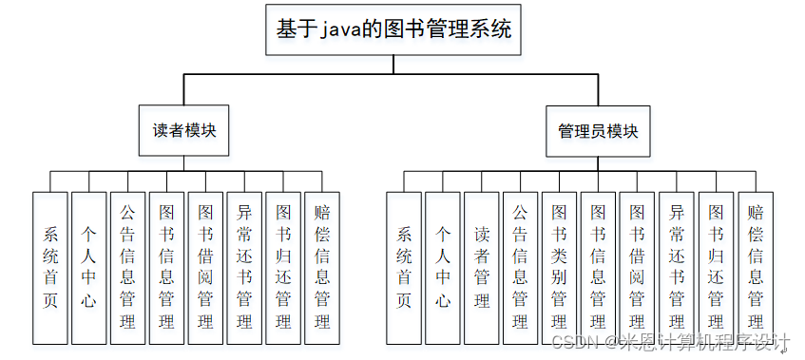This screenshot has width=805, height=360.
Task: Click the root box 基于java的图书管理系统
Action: tap(393, 29)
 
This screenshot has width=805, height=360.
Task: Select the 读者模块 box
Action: tap(184, 130)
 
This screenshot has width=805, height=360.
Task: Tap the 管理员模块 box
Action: tap(598, 131)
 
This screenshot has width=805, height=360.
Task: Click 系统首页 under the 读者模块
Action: tap(50, 267)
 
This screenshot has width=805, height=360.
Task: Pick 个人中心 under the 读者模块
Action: tap(89, 267)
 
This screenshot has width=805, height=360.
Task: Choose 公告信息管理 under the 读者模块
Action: tap(127, 267)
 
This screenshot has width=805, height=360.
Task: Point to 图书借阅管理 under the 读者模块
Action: tap(205, 267)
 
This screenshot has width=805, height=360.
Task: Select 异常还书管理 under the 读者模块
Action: tap(244, 267)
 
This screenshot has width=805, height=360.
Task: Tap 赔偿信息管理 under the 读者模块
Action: tap(322, 267)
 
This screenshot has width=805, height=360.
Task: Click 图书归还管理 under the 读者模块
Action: tap(283, 267)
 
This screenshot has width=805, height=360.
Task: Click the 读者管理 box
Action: tap(482, 267)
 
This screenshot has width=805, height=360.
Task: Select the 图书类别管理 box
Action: tap(560, 267)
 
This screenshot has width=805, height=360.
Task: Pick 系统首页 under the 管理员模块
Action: tap(404, 267)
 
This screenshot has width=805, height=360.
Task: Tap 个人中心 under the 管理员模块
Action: tap(443, 267)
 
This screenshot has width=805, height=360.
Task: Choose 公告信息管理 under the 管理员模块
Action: tap(521, 267)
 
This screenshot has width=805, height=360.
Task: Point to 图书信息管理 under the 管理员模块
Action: tap(599, 267)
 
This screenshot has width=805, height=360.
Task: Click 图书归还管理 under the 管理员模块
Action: tap(716, 267)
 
